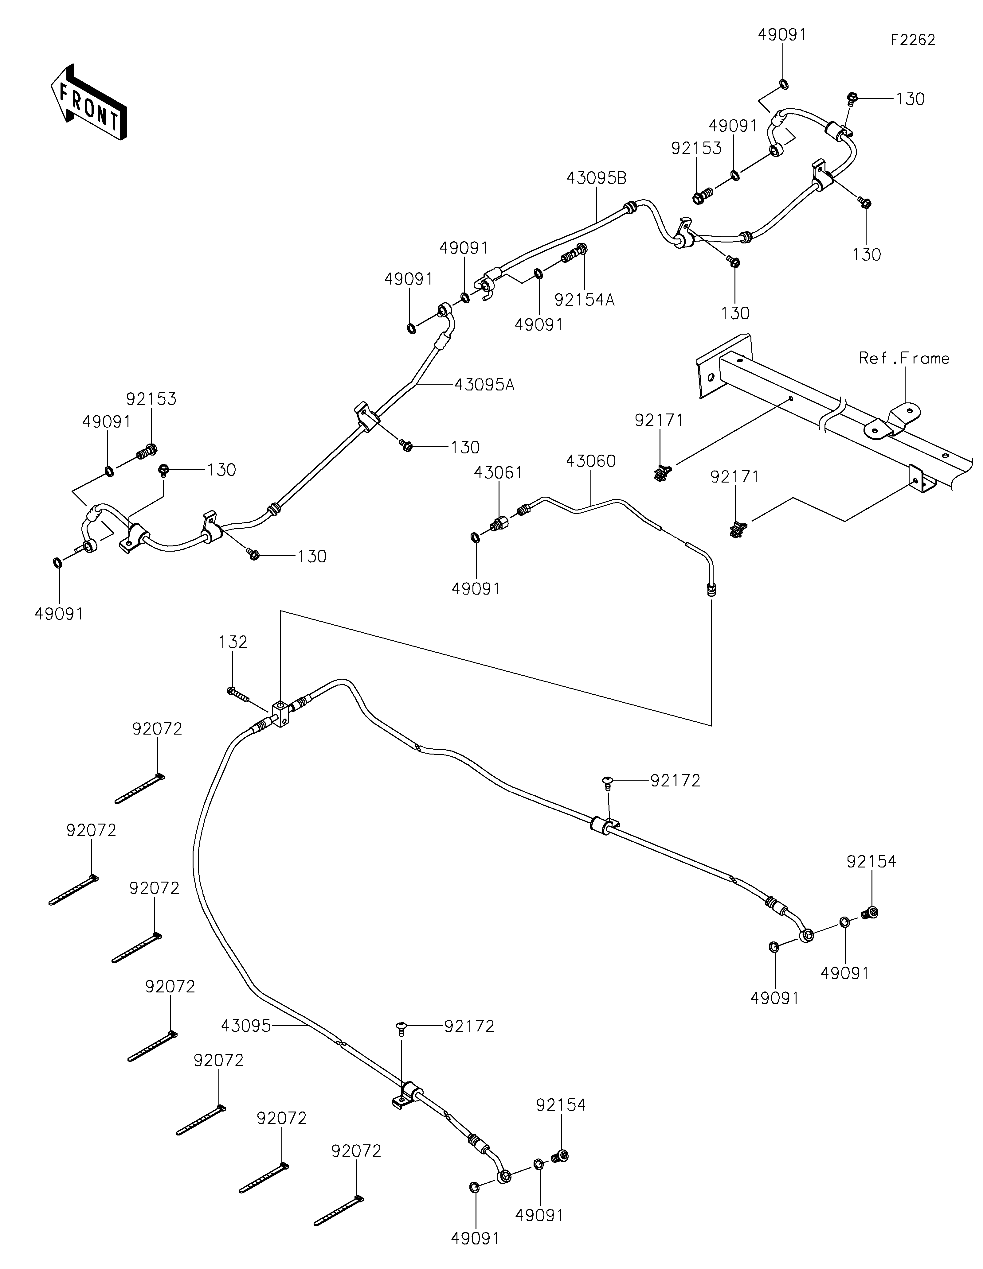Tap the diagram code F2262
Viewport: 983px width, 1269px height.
(913, 40)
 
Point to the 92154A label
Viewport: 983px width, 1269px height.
(584, 300)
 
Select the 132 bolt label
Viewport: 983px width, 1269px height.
(233, 642)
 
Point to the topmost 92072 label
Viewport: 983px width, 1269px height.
(157, 729)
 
